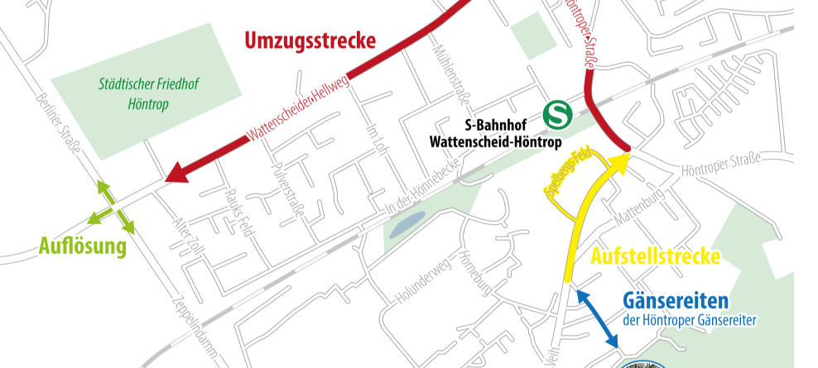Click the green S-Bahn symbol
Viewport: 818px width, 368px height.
(556, 113)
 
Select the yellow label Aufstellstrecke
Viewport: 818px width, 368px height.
(655, 256)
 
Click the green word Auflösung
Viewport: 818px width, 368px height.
(82, 246)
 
